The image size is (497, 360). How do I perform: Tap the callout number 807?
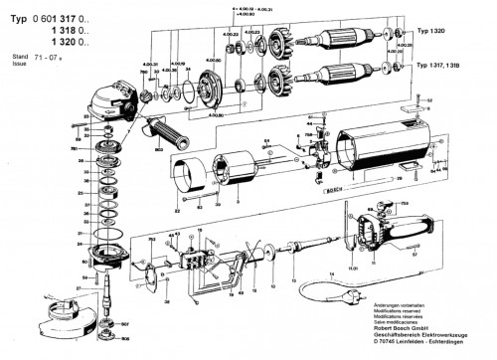(x=125, y=324)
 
